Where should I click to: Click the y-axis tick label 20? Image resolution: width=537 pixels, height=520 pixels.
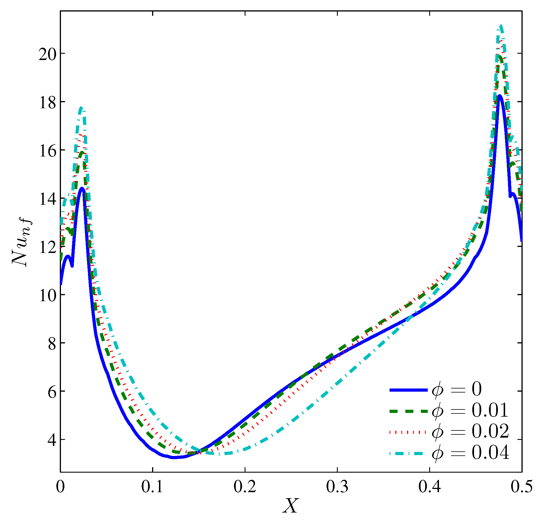47,54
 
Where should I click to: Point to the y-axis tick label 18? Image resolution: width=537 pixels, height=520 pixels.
47,102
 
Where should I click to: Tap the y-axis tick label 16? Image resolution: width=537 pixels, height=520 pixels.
47,150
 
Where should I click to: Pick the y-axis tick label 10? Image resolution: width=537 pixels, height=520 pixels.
47,295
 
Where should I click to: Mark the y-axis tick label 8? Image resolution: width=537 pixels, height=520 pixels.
52,343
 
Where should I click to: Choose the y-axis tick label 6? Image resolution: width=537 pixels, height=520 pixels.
52,392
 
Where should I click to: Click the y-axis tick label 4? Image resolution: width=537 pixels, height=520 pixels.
52,440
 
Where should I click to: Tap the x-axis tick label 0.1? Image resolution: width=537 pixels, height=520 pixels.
152,486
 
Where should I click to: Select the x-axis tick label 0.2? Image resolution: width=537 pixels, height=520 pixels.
245,486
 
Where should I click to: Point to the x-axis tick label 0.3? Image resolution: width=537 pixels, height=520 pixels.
337,486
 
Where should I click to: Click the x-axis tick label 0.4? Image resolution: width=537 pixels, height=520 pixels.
429,486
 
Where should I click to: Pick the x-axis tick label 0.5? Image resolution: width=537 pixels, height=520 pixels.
521,486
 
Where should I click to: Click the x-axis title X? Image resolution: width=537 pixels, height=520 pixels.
291,506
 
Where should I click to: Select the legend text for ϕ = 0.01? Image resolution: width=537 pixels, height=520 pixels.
470,411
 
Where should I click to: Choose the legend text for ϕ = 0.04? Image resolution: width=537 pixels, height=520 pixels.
470,453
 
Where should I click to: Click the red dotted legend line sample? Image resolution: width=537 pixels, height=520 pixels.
408,432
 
